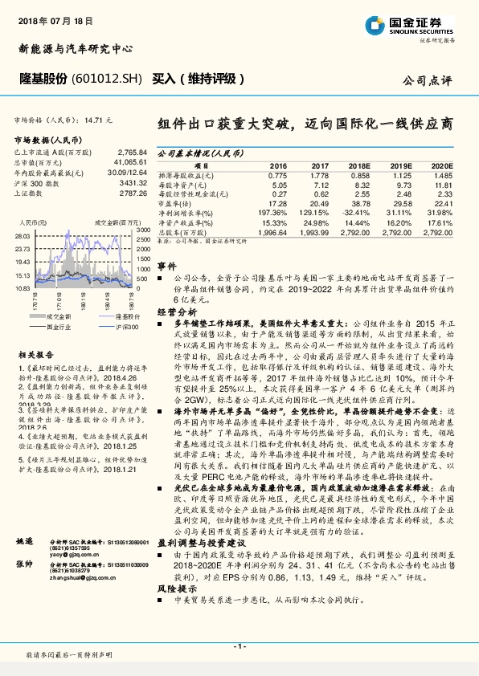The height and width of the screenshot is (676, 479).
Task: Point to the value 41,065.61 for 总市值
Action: pos(129,162)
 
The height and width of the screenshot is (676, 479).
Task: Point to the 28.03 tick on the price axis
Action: pos(23,236)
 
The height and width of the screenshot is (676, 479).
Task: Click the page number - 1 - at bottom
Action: pos(239,646)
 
